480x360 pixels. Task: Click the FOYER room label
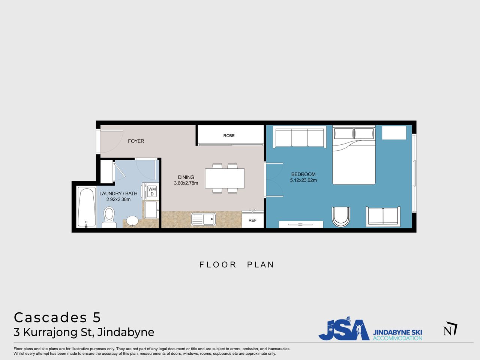(x=136, y=141)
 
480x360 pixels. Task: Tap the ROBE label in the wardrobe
(x=229, y=136)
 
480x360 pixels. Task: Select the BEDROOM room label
(x=303, y=174)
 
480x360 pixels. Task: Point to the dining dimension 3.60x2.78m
(x=186, y=183)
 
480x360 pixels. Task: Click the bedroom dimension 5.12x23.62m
(x=303, y=180)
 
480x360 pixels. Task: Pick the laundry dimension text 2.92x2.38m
(x=118, y=199)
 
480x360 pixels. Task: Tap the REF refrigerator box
(x=253, y=219)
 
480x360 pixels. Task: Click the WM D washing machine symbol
(x=152, y=192)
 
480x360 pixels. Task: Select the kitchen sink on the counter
(x=203, y=219)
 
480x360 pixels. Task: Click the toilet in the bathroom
(x=109, y=217)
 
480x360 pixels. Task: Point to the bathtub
(x=87, y=207)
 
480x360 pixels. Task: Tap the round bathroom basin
(x=132, y=221)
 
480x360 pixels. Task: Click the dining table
(x=225, y=178)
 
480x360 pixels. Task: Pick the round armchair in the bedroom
(x=341, y=217)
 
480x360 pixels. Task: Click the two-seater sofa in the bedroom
(x=383, y=217)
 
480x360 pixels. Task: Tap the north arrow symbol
(x=450, y=328)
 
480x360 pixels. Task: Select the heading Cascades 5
(x=57, y=317)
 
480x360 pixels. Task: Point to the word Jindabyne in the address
(x=126, y=333)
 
